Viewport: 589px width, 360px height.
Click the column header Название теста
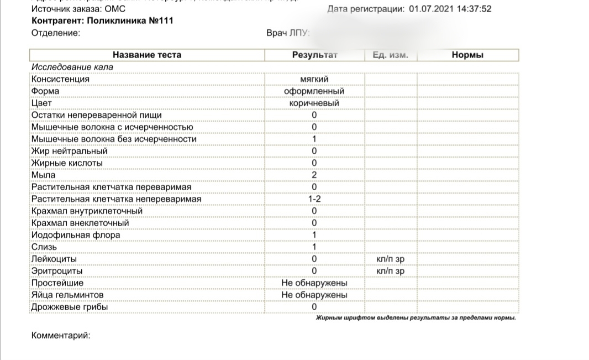click(146, 55)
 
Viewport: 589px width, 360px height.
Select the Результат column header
click(314, 55)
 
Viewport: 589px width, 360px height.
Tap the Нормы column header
click(467, 55)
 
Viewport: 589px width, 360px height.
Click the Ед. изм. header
click(390, 55)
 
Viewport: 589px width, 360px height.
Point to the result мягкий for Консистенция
click(314, 79)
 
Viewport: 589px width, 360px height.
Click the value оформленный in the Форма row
click(314, 91)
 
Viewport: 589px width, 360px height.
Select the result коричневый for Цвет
click(314, 103)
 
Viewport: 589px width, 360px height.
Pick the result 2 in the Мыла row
click(314, 175)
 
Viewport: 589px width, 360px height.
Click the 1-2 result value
click(314, 199)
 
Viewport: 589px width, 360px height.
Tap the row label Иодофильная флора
click(76, 235)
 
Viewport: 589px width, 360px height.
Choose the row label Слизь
click(44, 247)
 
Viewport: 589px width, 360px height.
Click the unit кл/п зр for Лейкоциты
click(390, 259)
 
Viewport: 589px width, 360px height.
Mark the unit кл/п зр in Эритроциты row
click(390, 271)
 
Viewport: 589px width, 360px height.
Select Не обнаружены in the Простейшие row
click(314, 283)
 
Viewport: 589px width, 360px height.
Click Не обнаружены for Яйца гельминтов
click(314, 295)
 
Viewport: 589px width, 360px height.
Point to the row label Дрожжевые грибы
click(70, 307)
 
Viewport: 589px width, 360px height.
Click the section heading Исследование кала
click(72, 67)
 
